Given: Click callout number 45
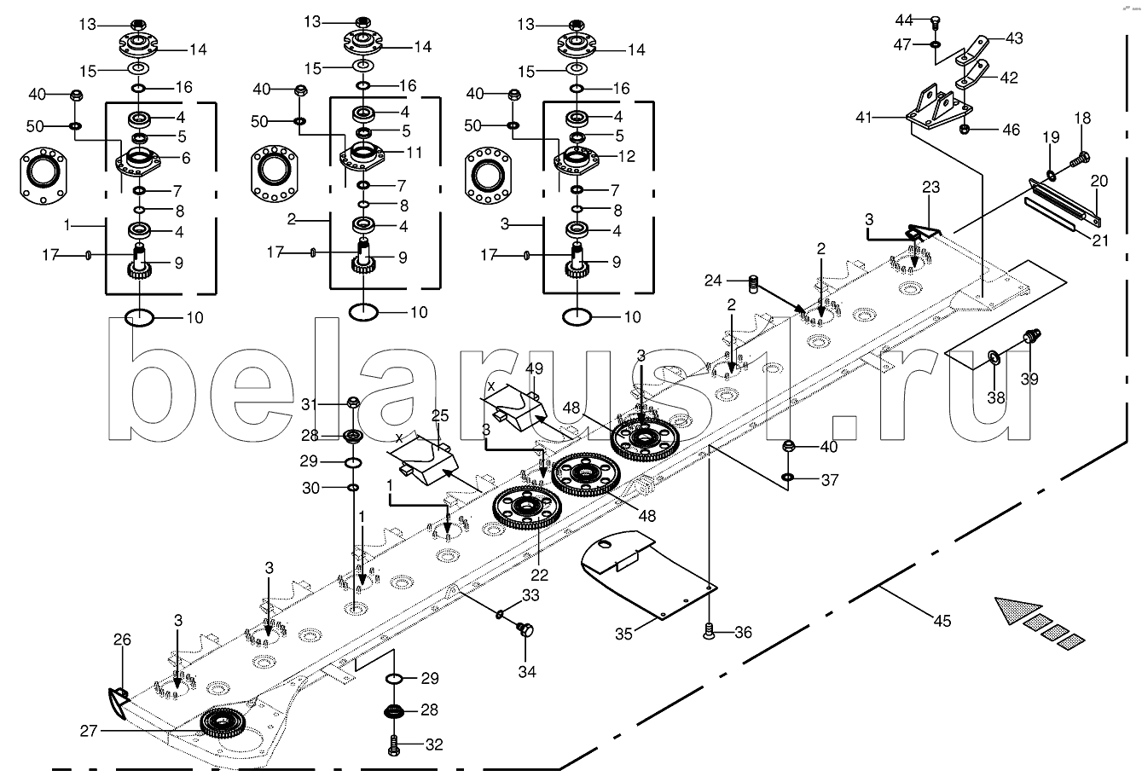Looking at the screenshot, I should [x=941, y=620].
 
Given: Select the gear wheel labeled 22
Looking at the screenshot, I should [x=527, y=507].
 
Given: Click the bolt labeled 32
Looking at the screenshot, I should [x=393, y=744].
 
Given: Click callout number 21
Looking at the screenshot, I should [x=1101, y=240].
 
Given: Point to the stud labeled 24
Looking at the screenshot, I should [x=754, y=282].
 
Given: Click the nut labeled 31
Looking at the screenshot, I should [x=353, y=403].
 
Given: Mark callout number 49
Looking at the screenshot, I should [x=534, y=369].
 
